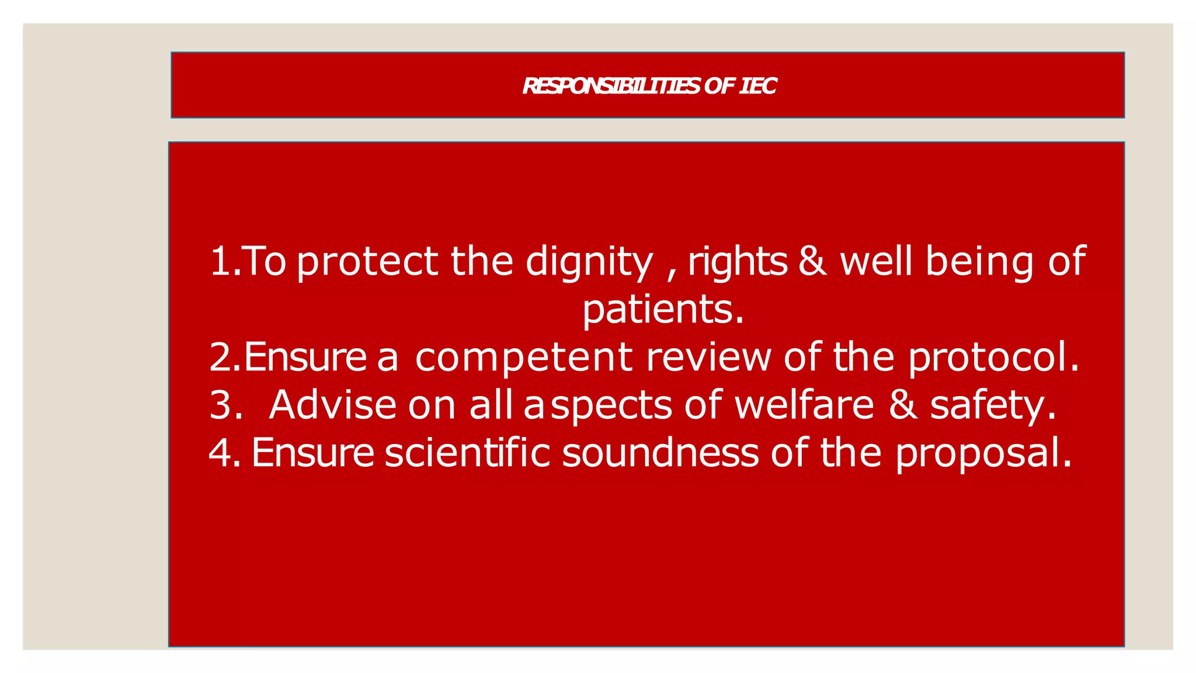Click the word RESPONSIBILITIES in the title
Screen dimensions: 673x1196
(610, 86)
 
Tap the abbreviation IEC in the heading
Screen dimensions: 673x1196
(757, 86)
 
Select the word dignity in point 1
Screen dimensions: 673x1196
(589, 262)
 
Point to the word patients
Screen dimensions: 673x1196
(663, 310)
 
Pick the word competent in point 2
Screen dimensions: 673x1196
(523, 358)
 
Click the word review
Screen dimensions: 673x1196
(708, 357)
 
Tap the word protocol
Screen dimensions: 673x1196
(993, 358)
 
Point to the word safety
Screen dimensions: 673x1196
(993, 405)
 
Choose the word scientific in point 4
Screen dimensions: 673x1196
(467, 453)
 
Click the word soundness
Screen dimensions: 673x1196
(660, 453)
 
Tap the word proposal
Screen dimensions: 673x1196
(983, 454)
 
